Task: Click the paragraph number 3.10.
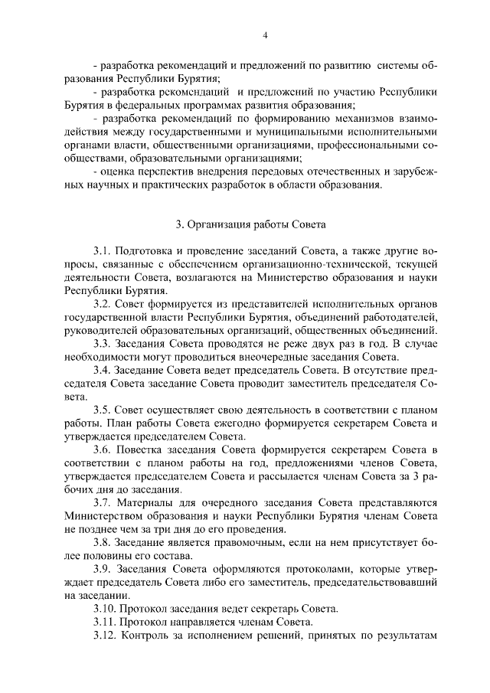(105, 609)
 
